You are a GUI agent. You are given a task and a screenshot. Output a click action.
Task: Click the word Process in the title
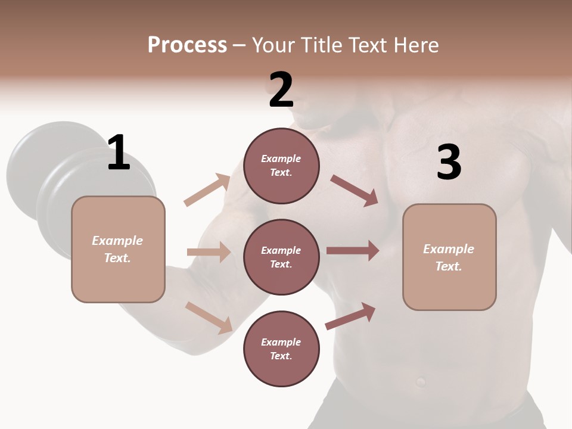pyautogui.click(x=187, y=45)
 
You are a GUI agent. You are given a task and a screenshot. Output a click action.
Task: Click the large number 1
pyautogui.click(x=119, y=153)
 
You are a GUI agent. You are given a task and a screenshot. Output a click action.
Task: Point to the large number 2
pyautogui.click(x=281, y=89)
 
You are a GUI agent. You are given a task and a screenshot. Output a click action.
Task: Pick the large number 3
pyautogui.click(x=449, y=162)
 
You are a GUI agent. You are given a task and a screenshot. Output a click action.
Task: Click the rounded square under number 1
pyautogui.click(x=118, y=249)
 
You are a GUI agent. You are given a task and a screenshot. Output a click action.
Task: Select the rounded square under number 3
pyautogui.click(x=449, y=257)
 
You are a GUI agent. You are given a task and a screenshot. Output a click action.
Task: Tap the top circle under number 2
pyautogui.click(x=281, y=166)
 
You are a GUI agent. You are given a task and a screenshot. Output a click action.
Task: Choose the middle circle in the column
pyautogui.click(x=281, y=257)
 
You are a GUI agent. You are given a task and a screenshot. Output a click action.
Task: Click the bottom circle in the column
pyautogui.click(x=281, y=349)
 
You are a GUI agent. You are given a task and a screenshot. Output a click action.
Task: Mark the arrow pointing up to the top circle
pyautogui.click(x=207, y=190)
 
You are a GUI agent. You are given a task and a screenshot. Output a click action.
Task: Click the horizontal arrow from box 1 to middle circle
pyautogui.click(x=209, y=252)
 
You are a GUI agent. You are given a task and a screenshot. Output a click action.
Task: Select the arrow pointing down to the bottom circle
pyautogui.click(x=209, y=317)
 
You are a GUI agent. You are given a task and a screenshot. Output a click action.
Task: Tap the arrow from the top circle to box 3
pyautogui.click(x=354, y=190)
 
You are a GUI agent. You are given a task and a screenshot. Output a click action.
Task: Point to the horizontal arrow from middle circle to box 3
pyautogui.click(x=353, y=250)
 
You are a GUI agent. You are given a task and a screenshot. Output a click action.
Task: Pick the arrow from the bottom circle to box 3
pyautogui.click(x=350, y=316)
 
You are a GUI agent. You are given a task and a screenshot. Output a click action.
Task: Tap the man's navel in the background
pyautogui.click(x=421, y=381)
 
